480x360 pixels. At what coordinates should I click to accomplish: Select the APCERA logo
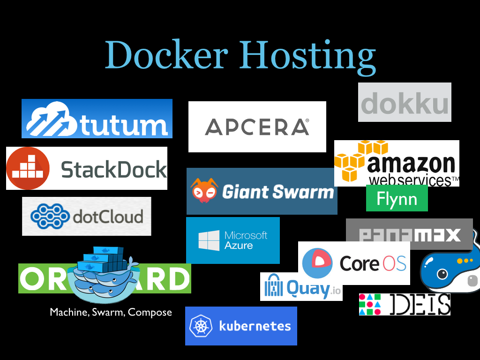coord(257,127)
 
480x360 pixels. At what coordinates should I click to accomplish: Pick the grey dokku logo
coord(405,103)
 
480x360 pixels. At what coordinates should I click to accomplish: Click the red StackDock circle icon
coord(28,168)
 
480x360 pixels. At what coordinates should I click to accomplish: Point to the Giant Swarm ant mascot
coord(204,191)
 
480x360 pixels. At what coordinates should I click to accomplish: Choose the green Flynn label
coord(397,198)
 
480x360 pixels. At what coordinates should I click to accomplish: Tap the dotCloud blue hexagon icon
coord(50,216)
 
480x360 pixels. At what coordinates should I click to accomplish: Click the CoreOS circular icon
coord(317,263)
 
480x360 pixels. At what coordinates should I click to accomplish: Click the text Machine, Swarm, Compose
coord(111,312)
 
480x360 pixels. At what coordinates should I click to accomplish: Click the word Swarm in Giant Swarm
coord(305,192)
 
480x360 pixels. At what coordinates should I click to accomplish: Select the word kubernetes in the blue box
coord(255,326)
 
